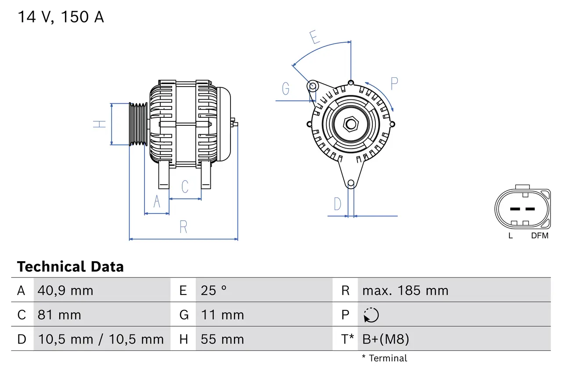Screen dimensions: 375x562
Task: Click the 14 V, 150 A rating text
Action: [x=61, y=17]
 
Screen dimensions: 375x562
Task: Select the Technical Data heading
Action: [x=70, y=267]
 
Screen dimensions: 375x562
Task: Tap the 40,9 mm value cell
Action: [x=65, y=291]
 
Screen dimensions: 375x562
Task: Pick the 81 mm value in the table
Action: [x=59, y=315]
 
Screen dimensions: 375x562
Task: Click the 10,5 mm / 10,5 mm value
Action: [x=101, y=339]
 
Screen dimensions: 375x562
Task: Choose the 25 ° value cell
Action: [x=214, y=291]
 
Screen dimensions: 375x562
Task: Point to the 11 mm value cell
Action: [x=222, y=315]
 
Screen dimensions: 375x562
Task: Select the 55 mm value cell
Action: [x=222, y=339]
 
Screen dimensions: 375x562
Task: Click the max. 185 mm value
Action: [x=405, y=291]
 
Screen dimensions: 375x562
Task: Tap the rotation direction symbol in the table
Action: [x=371, y=315]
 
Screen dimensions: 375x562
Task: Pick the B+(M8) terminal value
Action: [x=385, y=339]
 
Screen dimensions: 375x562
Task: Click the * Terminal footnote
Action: [x=384, y=358]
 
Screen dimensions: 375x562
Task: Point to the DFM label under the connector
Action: [x=540, y=236]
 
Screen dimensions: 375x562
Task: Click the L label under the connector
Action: [x=510, y=236]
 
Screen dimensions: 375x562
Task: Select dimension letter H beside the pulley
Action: [x=100, y=124]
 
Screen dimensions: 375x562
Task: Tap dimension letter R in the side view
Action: [x=184, y=227]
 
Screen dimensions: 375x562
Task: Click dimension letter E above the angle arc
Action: [x=314, y=37]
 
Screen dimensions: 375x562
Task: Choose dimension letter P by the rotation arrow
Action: [x=394, y=83]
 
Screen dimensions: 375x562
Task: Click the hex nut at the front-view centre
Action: [x=350, y=124]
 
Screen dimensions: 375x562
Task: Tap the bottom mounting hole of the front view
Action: [x=350, y=183]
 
